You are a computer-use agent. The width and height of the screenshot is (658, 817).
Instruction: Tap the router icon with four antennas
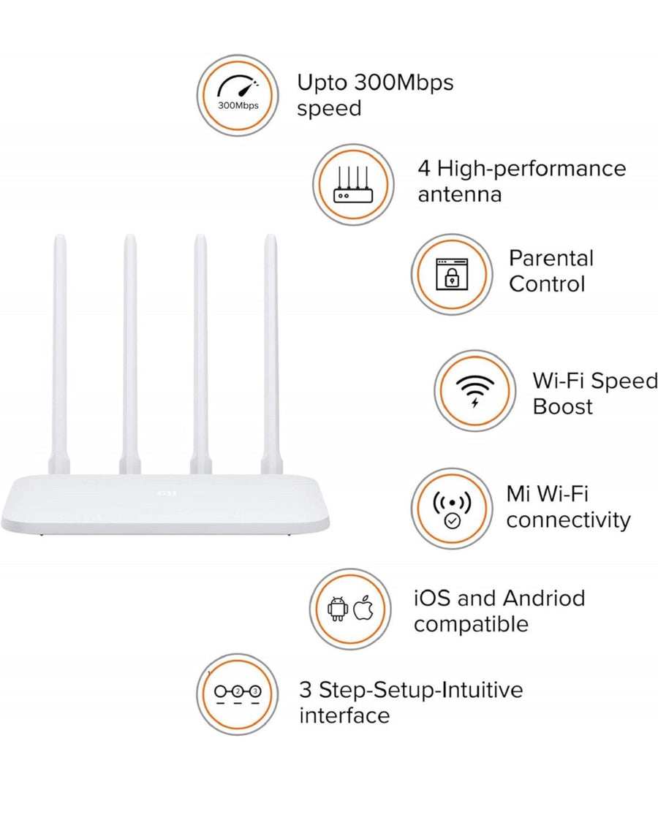[354, 184]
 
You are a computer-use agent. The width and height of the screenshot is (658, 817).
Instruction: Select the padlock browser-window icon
[452, 274]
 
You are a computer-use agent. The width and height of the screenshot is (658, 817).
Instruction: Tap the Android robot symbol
[338, 608]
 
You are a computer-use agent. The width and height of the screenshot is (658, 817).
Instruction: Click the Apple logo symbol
[363, 607]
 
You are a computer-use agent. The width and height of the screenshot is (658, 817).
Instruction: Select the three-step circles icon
[238, 694]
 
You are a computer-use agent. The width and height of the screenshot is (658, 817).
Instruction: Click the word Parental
[551, 258]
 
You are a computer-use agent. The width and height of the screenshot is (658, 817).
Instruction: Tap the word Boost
[562, 406]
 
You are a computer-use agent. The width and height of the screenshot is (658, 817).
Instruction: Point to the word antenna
[460, 194]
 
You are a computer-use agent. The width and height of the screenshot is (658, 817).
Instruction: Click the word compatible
[471, 624]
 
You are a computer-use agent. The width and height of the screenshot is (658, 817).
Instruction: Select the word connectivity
[568, 520]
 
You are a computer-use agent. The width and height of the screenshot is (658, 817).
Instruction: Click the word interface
[344, 715]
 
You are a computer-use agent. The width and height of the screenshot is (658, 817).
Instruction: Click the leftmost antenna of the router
[59, 354]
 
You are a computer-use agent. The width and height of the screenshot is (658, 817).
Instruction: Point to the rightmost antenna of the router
[271, 354]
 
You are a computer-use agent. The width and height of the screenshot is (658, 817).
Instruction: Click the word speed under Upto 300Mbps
[329, 110]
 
